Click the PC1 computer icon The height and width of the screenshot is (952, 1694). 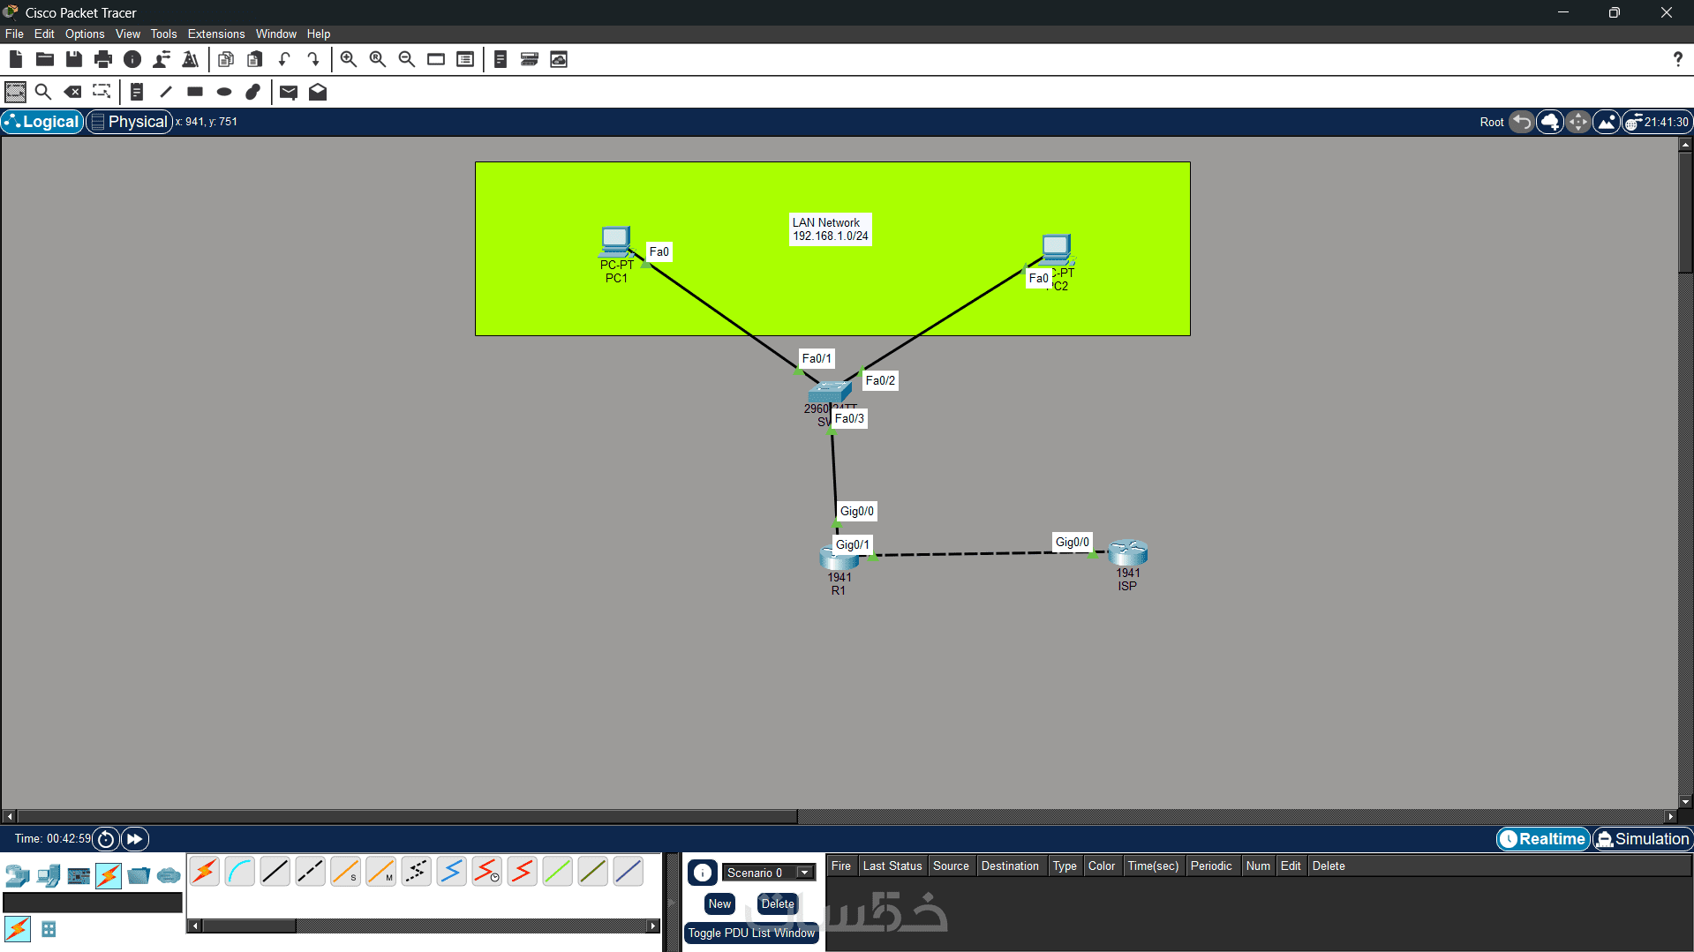click(615, 241)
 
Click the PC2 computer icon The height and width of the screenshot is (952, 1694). click(1056, 248)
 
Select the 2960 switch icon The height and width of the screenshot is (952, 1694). click(829, 392)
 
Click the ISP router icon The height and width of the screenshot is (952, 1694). click(1127, 553)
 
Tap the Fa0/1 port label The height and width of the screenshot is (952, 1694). click(816, 359)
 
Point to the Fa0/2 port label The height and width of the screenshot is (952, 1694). click(879, 381)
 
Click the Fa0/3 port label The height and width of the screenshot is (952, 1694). click(849, 419)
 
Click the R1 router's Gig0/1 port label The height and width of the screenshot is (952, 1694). click(852, 545)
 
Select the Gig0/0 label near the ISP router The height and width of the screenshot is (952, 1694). click(1072, 543)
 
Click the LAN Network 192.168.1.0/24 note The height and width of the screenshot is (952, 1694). click(830, 229)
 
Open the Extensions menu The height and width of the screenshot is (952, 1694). click(215, 34)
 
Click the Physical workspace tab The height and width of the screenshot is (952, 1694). click(131, 122)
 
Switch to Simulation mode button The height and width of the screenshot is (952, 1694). click(1642, 839)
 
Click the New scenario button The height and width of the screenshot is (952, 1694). click(719, 904)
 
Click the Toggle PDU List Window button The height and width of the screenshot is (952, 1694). click(751, 933)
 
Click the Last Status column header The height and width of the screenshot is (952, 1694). click(892, 866)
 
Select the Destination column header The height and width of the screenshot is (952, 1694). click(1009, 866)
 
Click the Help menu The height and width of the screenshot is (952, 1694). click(318, 34)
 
